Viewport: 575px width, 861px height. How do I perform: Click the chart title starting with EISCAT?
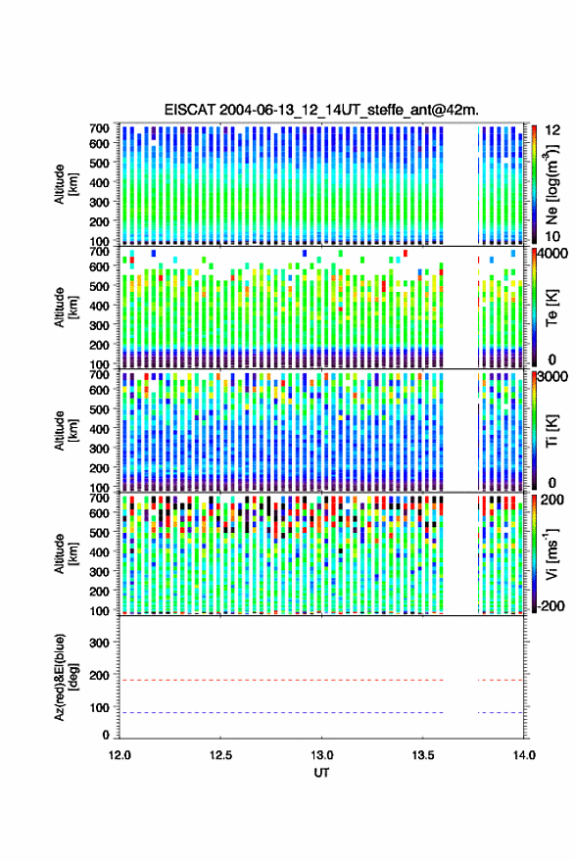point(321,110)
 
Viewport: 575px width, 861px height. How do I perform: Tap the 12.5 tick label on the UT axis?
point(220,755)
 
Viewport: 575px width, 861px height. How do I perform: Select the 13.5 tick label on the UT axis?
point(423,755)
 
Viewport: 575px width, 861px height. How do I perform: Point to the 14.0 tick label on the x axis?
point(524,755)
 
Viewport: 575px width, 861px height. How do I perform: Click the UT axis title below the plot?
point(321,773)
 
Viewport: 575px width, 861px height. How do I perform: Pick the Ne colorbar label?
point(552,184)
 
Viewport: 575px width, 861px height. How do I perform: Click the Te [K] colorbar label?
point(551,308)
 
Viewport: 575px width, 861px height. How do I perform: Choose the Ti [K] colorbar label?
point(551,431)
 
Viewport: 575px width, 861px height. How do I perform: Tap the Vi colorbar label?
point(551,554)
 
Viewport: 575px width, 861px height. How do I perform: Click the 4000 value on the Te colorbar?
point(551,255)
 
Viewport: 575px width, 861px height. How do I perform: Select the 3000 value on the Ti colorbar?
point(551,377)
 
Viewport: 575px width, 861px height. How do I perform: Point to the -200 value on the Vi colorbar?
point(551,605)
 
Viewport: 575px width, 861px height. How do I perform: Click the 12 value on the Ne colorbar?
point(552,130)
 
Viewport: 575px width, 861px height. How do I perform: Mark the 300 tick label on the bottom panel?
point(99,643)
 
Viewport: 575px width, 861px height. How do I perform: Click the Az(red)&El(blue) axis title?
point(67,678)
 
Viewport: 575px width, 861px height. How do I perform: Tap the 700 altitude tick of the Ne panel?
point(99,128)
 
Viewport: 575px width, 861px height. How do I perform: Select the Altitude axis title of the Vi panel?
point(67,554)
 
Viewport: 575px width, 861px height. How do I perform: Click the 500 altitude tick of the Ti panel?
point(99,409)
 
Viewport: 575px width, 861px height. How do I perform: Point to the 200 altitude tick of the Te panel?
point(99,345)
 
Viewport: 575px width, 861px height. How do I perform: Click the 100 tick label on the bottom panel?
point(99,708)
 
